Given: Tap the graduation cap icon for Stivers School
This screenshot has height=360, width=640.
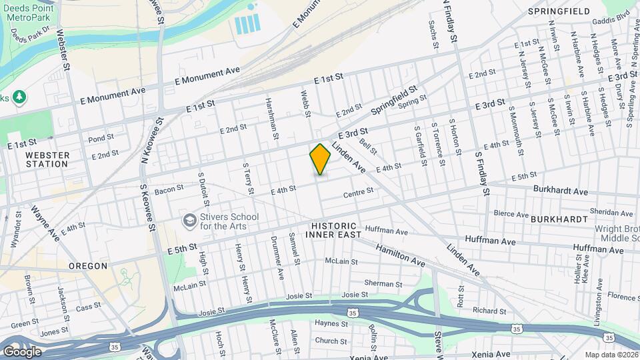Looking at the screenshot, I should pos(189,220).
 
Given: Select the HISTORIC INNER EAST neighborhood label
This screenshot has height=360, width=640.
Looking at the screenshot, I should pos(333,230).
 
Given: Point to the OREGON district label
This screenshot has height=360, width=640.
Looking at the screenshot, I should pos(87,265).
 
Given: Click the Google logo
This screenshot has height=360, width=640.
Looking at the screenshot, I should pos(22,351).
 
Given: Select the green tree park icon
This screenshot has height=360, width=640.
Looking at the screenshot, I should pos(20,97).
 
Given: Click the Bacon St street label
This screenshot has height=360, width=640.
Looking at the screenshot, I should pos(169,191).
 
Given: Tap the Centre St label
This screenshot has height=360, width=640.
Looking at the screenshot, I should pos(357,194).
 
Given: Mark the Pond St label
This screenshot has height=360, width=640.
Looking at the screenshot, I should pos(101,139).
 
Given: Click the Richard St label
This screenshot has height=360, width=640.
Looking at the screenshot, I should pos(489,311).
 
